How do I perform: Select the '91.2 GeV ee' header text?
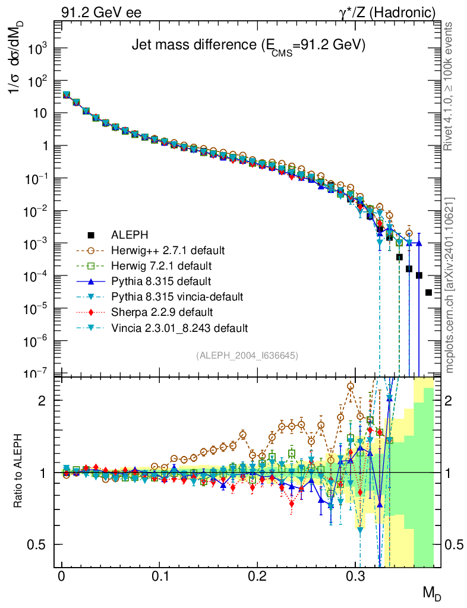point(102,12)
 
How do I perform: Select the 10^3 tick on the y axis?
point(36,49)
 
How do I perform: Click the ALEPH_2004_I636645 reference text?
point(247,355)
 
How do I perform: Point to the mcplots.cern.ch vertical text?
point(450,285)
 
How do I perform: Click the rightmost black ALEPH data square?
point(429,292)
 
